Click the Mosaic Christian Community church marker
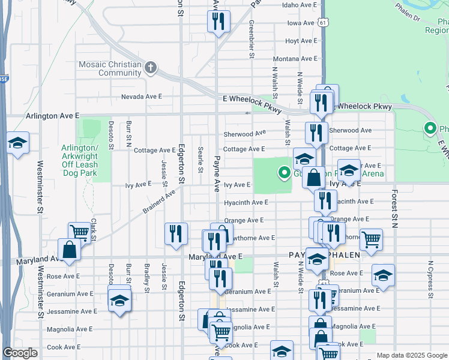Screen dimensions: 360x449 point(151,68)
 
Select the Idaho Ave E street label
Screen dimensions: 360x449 point(299,5)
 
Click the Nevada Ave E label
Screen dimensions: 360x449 point(142,96)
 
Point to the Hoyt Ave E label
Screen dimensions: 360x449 point(300,41)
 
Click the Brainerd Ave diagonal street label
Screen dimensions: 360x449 point(158,202)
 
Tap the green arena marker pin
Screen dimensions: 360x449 point(285,173)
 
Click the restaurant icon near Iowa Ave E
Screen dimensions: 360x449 point(217,22)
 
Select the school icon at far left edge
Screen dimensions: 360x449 point(17,143)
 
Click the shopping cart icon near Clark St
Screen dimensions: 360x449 point(79,232)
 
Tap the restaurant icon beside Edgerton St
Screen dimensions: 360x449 point(176,233)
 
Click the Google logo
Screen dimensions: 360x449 point(20,353)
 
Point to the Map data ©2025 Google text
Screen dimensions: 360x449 point(411,355)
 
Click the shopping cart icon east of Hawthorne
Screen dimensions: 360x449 point(371,239)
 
